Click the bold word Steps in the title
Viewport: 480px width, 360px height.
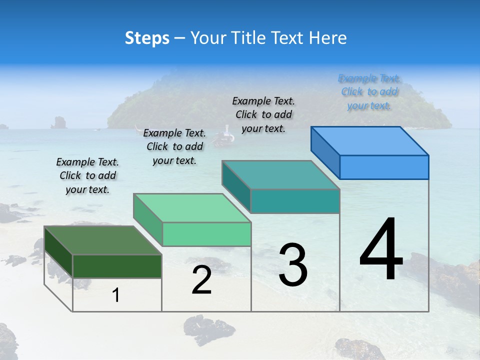[x=147, y=38]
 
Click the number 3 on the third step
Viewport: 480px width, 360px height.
[x=293, y=264]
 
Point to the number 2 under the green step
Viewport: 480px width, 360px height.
[x=201, y=280]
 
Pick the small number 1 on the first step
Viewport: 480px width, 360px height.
[x=116, y=295]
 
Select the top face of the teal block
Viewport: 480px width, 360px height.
[x=280, y=175]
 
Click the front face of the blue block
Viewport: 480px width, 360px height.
[x=384, y=167]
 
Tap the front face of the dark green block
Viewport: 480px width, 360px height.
[x=117, y=266]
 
